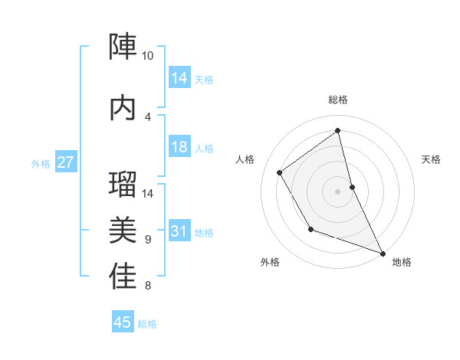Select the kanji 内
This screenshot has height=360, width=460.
[123, 107]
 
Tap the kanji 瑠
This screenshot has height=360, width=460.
[123, 185]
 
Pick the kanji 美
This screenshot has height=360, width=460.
[123, 229]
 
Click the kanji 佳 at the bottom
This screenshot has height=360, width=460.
[123, 276]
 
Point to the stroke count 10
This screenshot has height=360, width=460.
[148, 56]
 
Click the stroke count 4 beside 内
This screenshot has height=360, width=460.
[148, 116]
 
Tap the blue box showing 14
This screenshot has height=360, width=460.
[179, 78]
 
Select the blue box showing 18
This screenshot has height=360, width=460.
[179, 148]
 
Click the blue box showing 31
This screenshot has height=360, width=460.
[179, 232]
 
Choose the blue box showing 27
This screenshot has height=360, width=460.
[66, 162]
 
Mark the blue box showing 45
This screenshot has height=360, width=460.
[123, 322]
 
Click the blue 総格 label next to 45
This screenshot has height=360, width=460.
[147, 324]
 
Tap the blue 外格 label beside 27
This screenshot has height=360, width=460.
[41, 164]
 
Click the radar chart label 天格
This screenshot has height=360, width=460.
[432, 159]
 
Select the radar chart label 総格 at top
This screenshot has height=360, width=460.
[338, 100]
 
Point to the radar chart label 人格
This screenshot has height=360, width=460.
[245, 159]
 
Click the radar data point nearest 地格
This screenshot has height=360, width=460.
[383, 254]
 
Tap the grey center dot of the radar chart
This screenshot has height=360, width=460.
[338, 191]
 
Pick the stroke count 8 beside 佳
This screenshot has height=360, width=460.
[148, 286]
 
